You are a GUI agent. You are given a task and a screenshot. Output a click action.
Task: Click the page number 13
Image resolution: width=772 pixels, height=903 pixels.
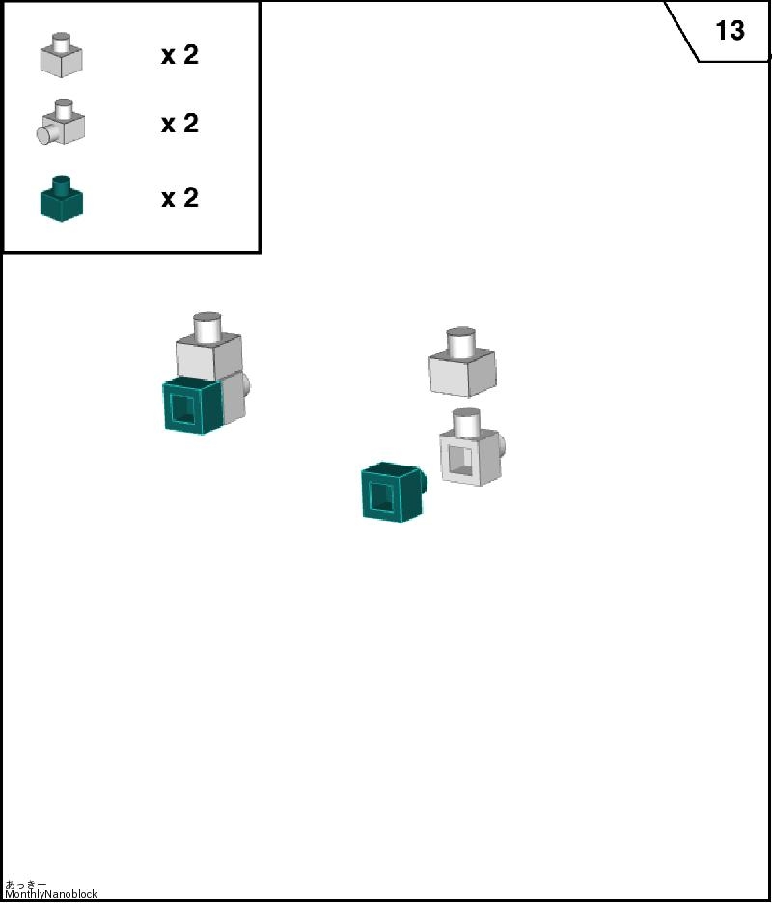[730, 30]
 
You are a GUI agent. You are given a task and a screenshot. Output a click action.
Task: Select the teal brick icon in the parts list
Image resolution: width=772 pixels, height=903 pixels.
[62, 199]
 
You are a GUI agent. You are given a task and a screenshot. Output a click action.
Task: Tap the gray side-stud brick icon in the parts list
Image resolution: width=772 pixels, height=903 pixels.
[61, 122]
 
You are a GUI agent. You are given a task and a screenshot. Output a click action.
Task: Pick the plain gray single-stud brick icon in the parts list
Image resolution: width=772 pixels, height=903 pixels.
[61, 55]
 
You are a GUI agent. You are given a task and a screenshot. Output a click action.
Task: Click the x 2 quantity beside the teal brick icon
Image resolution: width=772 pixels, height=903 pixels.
[180, 198]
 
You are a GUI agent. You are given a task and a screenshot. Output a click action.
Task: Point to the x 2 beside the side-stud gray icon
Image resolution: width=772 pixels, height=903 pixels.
[180, 124]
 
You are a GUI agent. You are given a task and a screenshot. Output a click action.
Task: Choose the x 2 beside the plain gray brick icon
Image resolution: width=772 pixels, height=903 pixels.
[180, 55]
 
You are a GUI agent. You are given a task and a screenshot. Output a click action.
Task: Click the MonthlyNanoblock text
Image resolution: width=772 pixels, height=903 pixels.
[51, 894]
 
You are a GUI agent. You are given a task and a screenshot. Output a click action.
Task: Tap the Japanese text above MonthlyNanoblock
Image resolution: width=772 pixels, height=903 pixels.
[25, 884]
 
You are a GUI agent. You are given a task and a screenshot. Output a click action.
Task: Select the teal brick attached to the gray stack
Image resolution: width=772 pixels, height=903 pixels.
[192, 406]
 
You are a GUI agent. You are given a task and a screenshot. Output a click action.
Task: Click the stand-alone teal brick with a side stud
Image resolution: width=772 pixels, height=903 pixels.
[394, 493]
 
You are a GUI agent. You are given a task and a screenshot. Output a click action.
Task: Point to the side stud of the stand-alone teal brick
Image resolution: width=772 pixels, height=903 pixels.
[425, 482]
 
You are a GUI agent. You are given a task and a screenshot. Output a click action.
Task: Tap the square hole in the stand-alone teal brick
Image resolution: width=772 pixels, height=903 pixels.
[381, 496]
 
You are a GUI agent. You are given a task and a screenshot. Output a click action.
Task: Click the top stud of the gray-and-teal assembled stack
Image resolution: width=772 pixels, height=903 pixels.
[207, 326]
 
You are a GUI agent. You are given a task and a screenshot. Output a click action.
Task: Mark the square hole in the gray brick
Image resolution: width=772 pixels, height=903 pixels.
[460, 461]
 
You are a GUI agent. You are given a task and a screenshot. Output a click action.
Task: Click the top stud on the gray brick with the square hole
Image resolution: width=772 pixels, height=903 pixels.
[466, 421]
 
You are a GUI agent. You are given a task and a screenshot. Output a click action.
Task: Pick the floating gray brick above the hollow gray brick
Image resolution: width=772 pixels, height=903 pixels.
[462, 363]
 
